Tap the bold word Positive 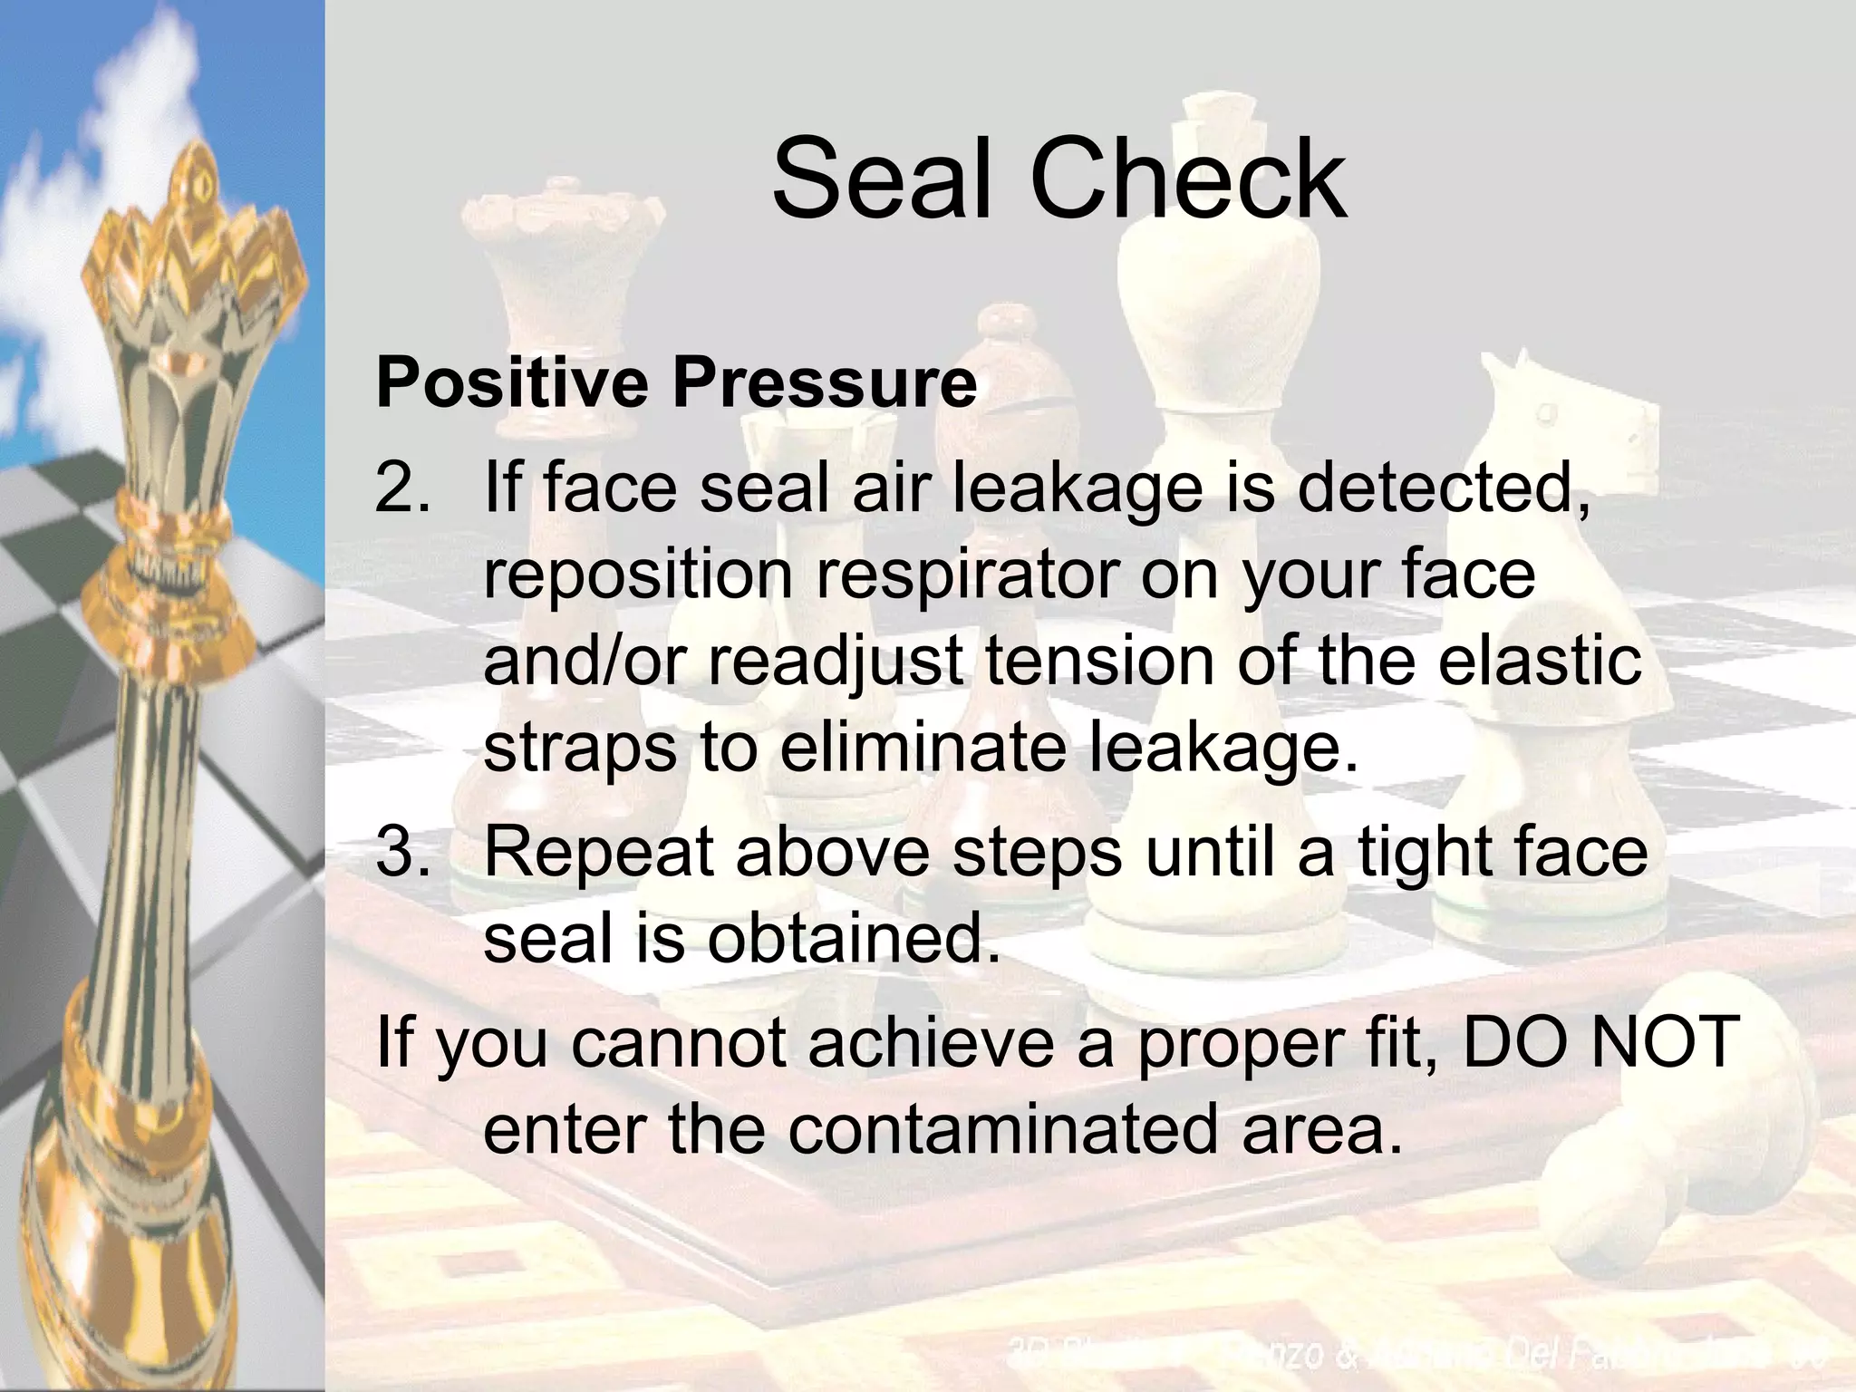[511, 382]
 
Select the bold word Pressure [824, 382]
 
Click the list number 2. [401, 488]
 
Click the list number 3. [401, 852]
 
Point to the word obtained [854, 939]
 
